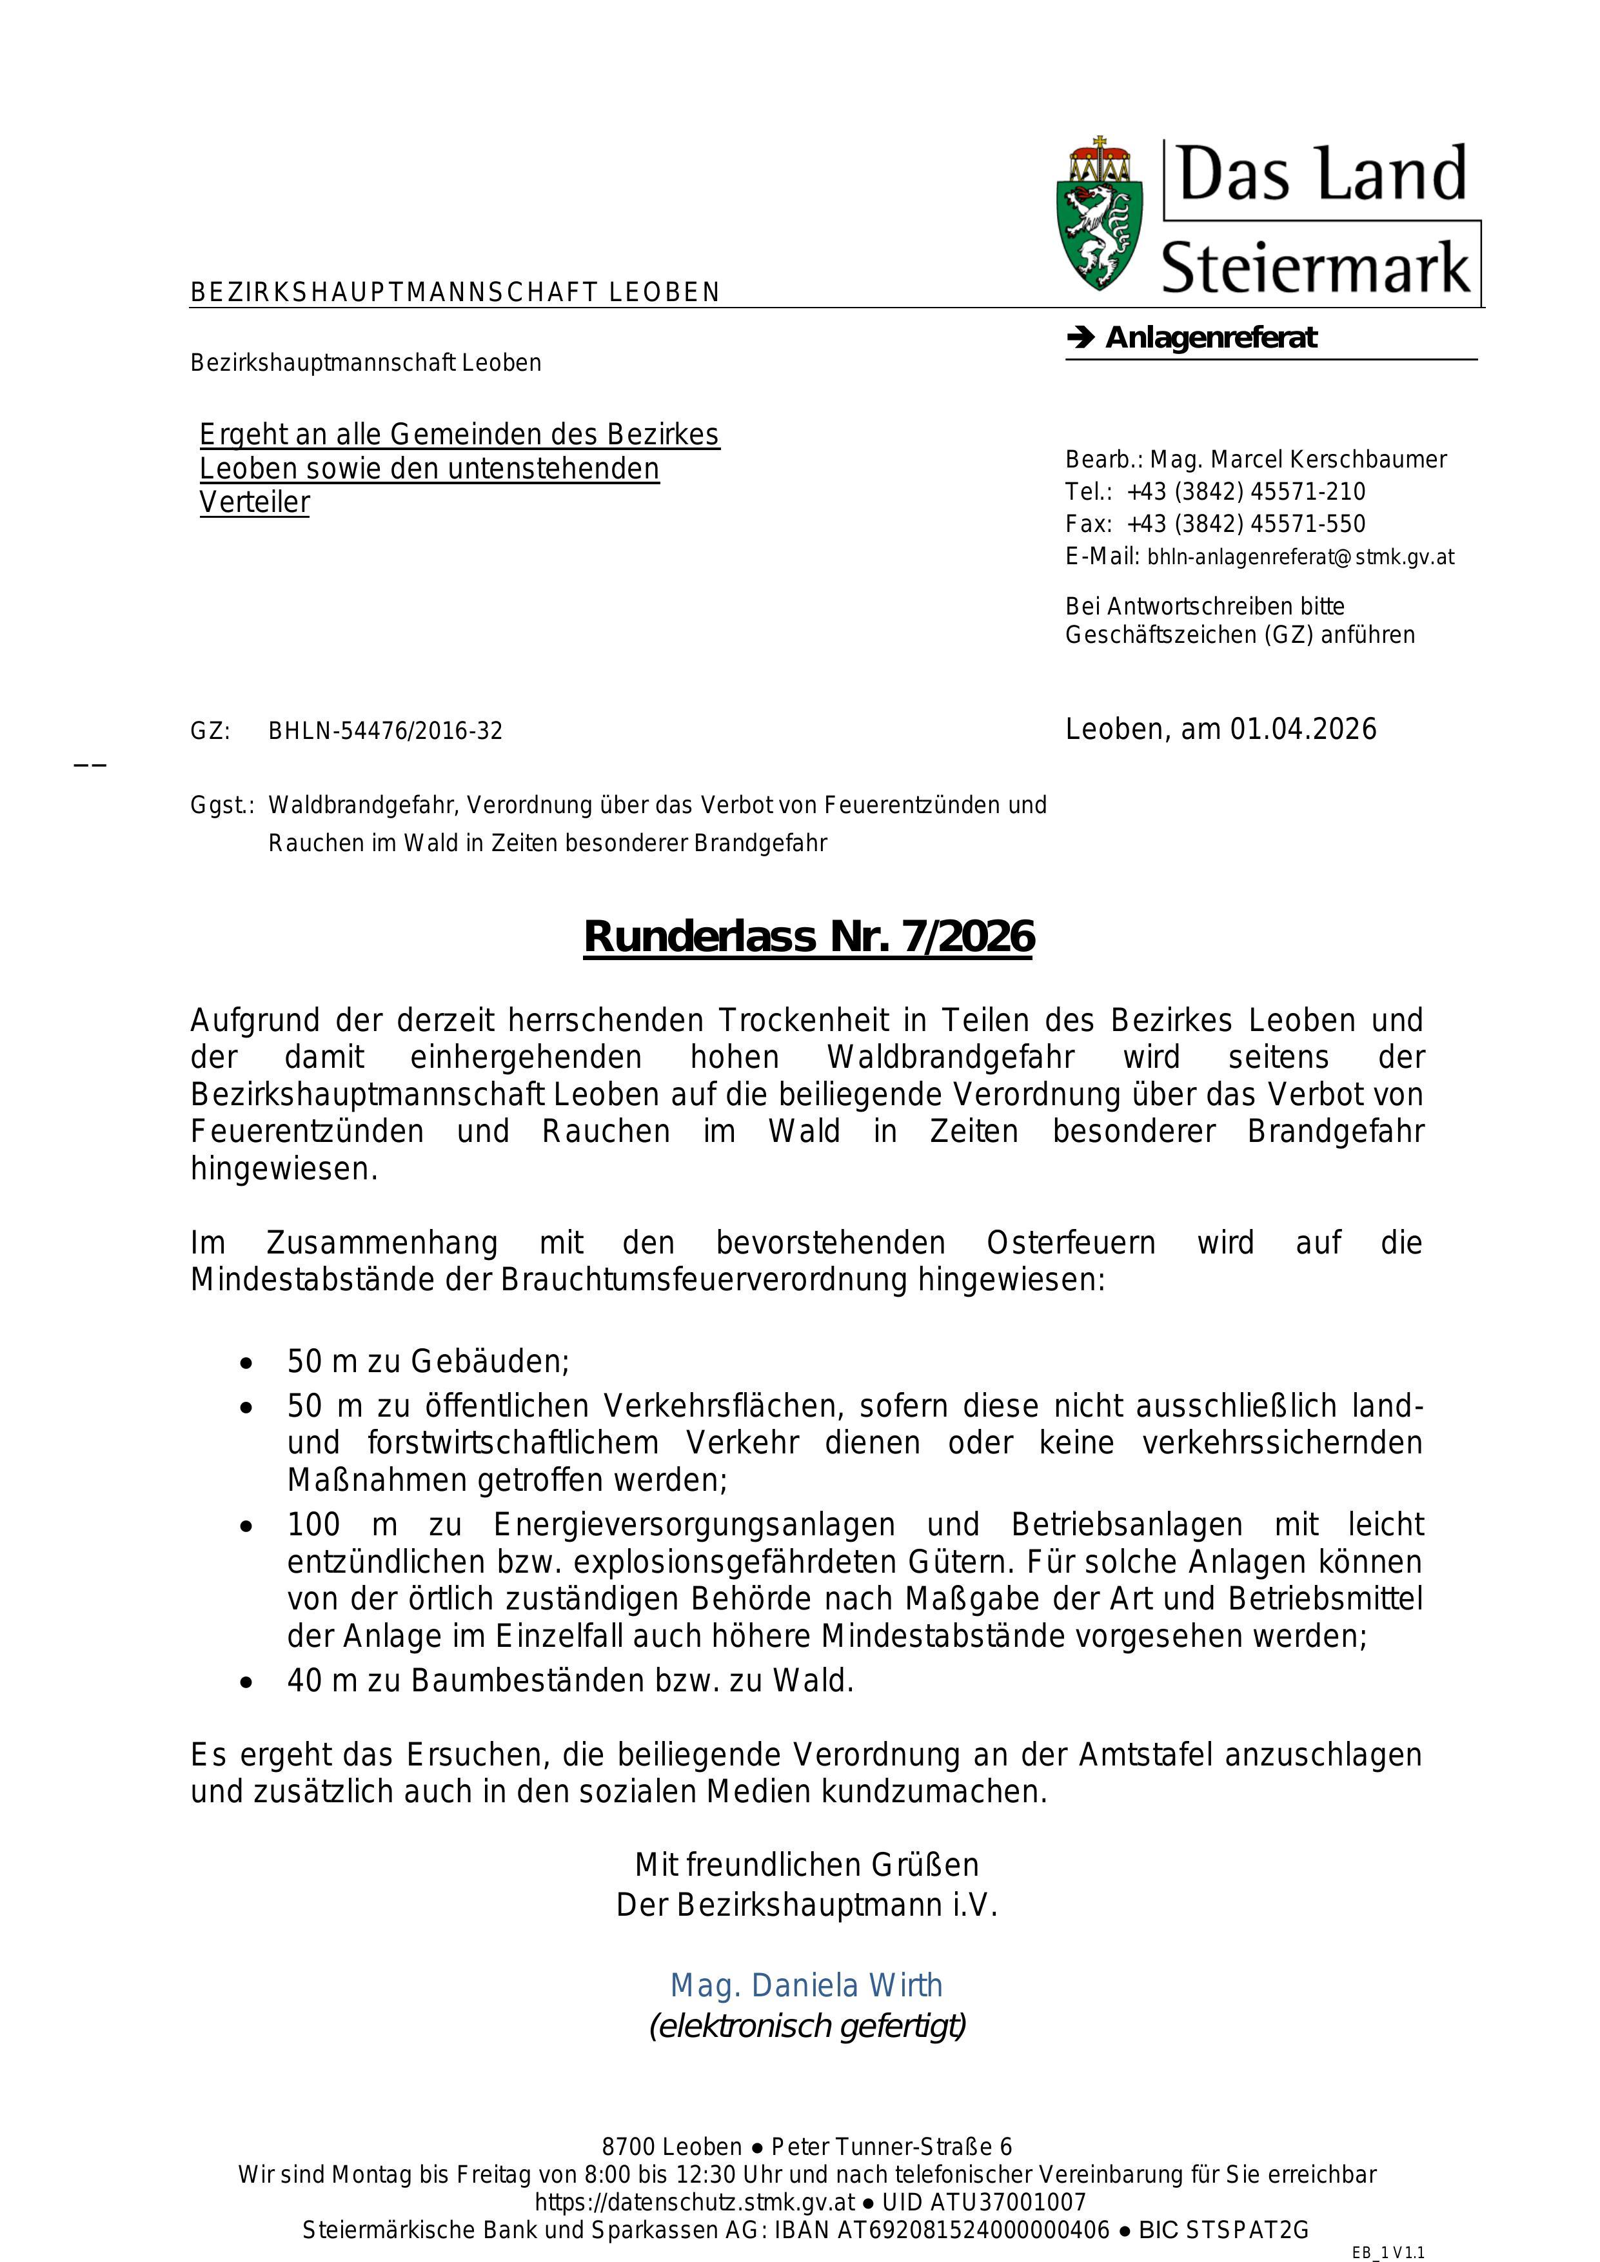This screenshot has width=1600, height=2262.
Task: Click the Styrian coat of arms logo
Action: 1100,215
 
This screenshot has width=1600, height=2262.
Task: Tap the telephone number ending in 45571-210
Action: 1247,491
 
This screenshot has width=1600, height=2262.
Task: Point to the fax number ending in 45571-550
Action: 1247,524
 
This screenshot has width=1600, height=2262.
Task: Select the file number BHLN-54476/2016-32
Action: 385,731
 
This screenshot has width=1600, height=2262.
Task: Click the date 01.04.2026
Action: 1303,729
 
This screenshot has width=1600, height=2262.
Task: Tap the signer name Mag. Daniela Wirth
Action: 806,1985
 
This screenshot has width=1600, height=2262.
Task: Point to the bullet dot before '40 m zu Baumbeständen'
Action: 246,1682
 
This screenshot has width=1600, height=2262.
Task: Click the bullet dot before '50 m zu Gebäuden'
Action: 246,1364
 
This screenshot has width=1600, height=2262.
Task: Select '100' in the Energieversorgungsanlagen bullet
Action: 313,1525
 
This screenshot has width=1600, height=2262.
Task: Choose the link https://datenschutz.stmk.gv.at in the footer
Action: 695,2202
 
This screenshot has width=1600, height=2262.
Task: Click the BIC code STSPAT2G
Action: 1249,2230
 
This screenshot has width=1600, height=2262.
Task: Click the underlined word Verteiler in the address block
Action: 254,502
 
